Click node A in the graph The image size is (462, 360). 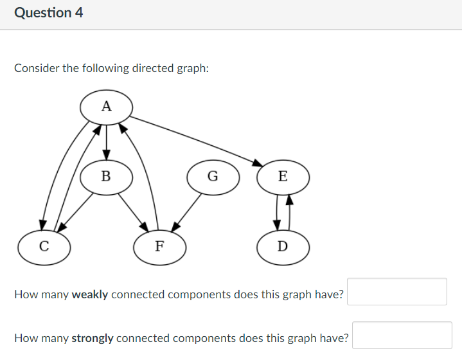106,107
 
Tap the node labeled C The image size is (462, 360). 44,245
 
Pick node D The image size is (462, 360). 283,246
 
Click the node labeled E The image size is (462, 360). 283,175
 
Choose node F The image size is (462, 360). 159,246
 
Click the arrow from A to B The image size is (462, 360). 106,141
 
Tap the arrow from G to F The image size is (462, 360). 188,210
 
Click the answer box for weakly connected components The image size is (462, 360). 396,292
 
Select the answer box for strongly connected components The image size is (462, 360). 402,335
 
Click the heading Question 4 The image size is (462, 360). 48,13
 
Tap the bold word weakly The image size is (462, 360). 90,295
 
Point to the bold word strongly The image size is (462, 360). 93,338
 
